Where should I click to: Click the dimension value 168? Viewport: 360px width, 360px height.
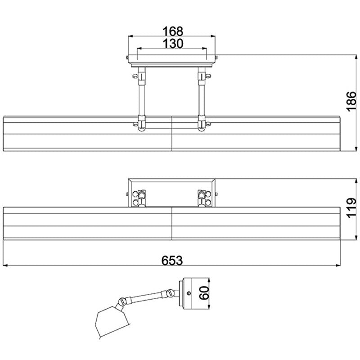tap(173, 31)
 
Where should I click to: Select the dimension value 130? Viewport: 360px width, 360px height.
tap(173, 43)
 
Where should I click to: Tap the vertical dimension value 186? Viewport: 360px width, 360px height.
tap(351, 102)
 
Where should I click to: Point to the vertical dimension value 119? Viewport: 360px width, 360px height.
tap(351, 208)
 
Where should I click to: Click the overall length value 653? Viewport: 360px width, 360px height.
tap(172, 261)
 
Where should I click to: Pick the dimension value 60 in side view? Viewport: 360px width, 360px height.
tap(204, 293)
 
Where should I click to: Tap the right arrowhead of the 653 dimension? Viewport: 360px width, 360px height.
tap(338, 265)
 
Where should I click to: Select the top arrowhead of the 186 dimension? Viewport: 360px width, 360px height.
tap(356, 58)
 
